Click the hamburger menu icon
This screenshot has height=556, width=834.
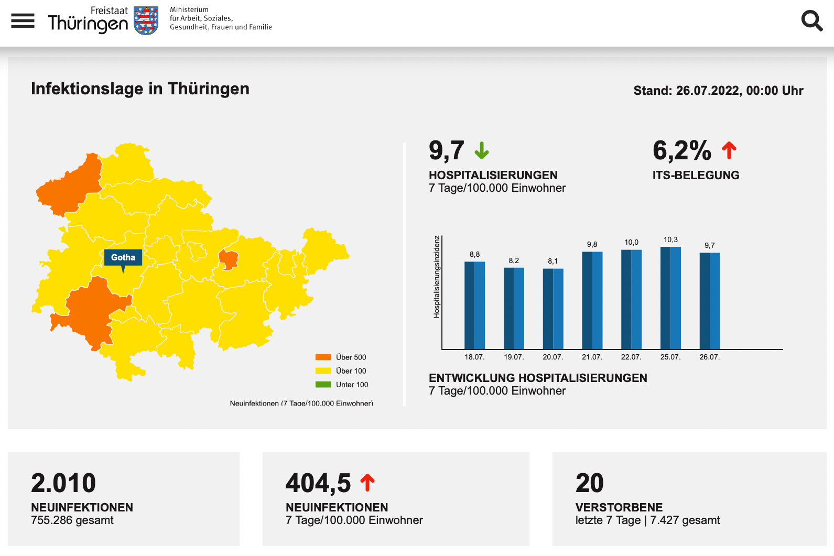point(23,21)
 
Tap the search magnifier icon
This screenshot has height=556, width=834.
point(811,21)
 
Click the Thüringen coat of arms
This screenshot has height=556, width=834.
point(146,20)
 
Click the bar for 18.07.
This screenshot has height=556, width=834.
point(474,305)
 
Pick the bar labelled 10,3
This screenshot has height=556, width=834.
point(670,298)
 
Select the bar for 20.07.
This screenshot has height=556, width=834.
point(553,309)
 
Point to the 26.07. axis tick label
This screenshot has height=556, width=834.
point(709,357)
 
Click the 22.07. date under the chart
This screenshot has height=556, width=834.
point(631,357)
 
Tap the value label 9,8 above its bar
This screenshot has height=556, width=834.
point(592,244)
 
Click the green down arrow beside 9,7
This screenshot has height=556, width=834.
point(481,150)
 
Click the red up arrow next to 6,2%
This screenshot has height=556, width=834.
point(729,150)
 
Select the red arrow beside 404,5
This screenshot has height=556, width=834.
point(367,482)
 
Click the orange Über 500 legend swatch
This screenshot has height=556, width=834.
point(323,357)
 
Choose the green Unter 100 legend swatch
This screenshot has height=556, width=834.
point(323,385)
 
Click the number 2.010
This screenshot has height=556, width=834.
point(63,483)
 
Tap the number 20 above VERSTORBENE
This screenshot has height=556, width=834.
point(589,483)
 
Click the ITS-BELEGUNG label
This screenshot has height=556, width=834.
point(696,175)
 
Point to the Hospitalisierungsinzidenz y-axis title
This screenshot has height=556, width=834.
point(437,277)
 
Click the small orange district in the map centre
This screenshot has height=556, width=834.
point(228,259)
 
